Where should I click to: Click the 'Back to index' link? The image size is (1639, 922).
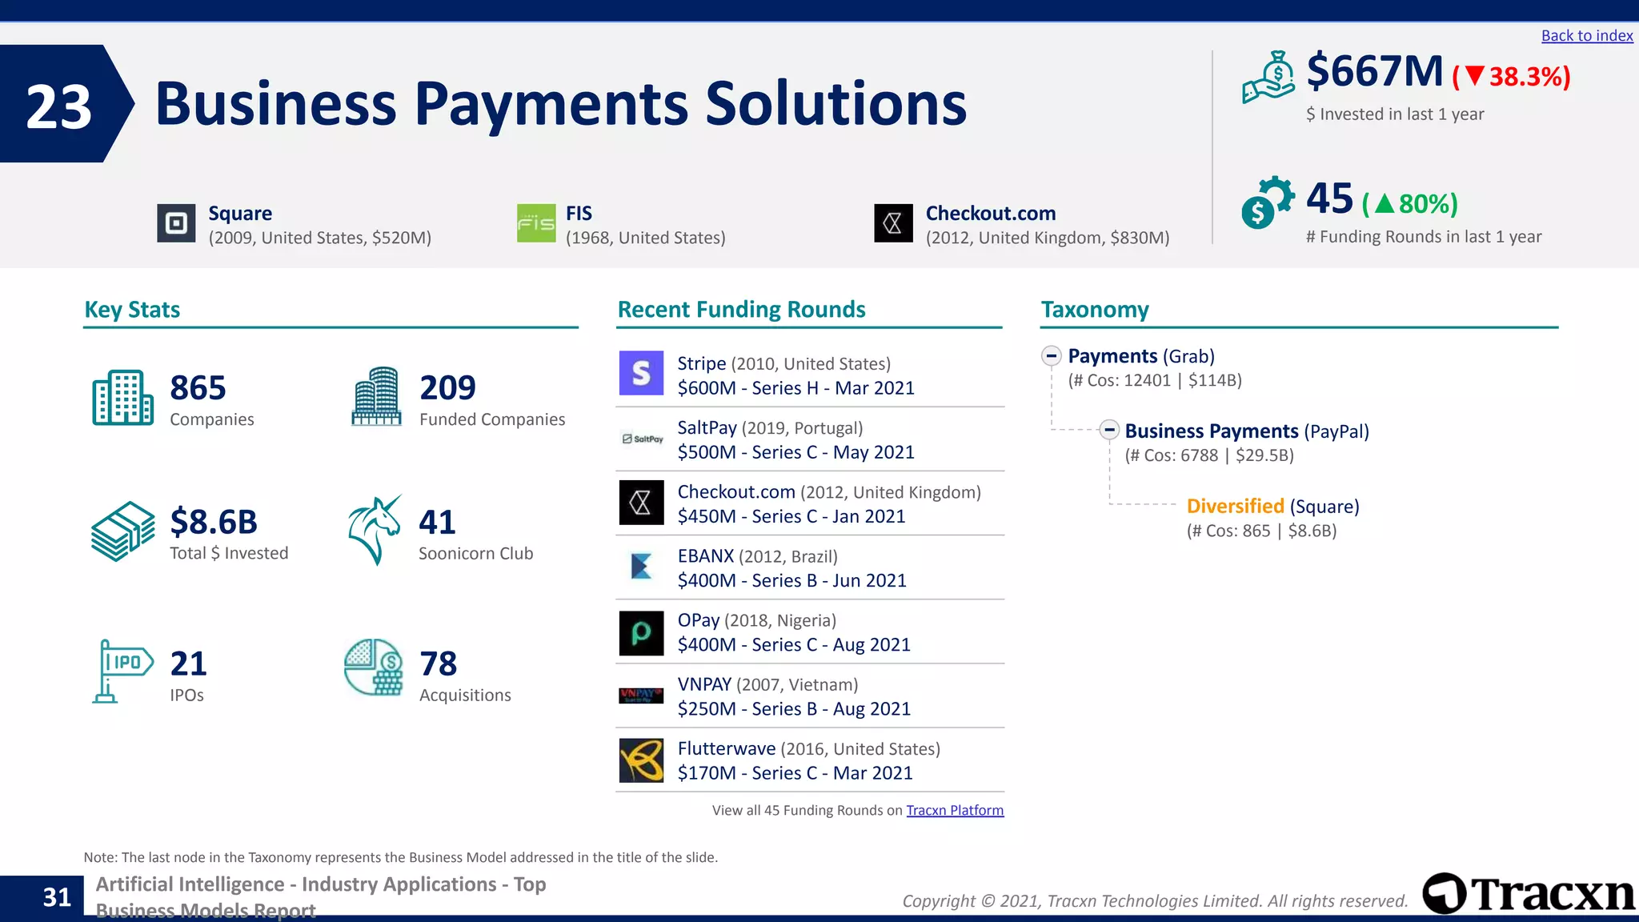1586,36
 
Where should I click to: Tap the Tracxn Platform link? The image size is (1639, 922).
955,810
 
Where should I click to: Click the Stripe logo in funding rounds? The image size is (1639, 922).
641,373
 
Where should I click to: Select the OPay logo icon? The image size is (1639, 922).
641,633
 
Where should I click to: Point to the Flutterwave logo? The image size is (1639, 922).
641,760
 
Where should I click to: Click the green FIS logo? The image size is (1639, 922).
536,223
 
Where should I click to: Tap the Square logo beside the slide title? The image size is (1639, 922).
176,223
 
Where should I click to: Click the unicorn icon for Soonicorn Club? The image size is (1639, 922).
375,530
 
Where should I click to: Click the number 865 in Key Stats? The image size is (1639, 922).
198,388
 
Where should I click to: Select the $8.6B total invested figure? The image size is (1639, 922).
214,522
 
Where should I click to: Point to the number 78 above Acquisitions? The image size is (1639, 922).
439,663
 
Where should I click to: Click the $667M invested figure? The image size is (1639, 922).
1374,71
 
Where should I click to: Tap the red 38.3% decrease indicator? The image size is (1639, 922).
1511,77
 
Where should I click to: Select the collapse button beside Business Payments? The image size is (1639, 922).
1109,430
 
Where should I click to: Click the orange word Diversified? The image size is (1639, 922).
1235,506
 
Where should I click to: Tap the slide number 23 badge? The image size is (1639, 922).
59,105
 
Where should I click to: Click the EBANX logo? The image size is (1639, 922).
641,567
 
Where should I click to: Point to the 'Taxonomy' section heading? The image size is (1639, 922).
1094,310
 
